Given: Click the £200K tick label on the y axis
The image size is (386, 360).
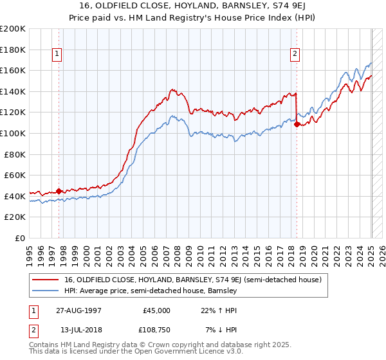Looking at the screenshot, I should pos(13,29).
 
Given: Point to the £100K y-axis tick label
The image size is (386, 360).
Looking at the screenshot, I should pos(13,133).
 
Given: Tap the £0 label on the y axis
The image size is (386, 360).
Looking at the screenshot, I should pos(19,238).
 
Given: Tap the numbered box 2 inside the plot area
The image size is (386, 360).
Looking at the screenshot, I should pos(295,55).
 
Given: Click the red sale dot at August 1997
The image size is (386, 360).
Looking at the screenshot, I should pos(59,190).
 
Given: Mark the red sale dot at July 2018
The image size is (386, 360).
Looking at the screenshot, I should pos(297,124).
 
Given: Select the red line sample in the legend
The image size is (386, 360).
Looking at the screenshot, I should pos(47,280).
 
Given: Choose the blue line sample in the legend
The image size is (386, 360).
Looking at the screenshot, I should pos(47,291).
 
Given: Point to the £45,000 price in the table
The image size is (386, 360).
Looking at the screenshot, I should pos(156,310).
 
